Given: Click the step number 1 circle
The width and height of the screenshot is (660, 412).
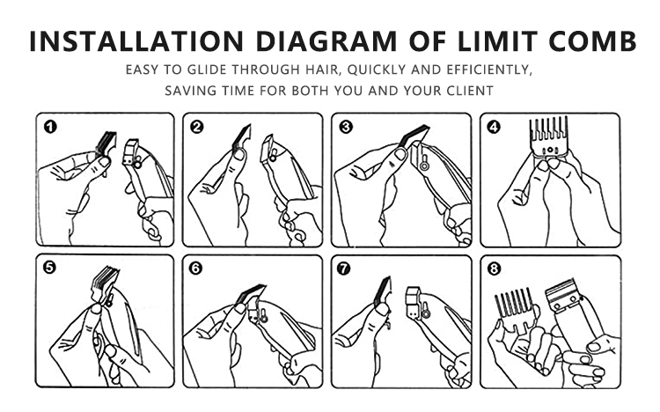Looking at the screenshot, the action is (50, 127).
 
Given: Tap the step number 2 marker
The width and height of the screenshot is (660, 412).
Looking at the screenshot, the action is (196, 127).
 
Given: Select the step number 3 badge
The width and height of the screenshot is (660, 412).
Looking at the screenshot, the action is (346, 127).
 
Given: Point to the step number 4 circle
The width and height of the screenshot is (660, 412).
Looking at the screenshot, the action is (494, 127).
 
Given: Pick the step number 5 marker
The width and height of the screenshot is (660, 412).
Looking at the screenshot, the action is (49, 268).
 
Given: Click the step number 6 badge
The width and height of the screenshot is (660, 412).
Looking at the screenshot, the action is (195, 269).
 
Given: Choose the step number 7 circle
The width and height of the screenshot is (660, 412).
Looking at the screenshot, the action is (344, 269).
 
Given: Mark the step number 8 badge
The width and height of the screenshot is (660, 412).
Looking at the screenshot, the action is (494, 269).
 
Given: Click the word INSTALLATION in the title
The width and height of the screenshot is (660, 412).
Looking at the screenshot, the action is (136, 40).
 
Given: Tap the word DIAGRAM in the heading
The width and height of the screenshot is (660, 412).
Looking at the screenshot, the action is (326, 40).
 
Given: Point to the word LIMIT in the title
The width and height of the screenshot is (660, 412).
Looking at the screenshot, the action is (497, 40).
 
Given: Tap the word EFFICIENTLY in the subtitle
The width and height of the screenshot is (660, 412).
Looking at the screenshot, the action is (488, 70).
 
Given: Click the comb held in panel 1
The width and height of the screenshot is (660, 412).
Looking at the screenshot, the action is (106, 144).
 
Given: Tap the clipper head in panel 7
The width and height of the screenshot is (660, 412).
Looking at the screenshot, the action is (414, 302).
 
